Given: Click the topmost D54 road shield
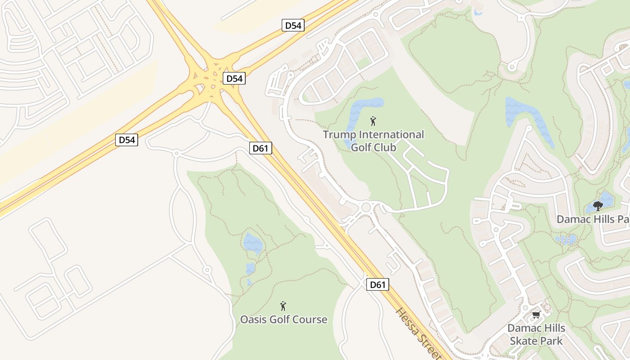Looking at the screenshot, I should click(x=293, y=25).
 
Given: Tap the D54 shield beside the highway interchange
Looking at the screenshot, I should click(x=234, y=78).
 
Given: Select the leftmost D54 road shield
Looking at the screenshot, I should click(x=126, y=140).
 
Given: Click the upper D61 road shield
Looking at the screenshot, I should click(x=261, y=148).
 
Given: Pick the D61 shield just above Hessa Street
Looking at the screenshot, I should click(x=377, y=284).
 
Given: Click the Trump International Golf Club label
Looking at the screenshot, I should click(x=373, y=140).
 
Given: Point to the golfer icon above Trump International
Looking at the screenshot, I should click(x=373, y=121).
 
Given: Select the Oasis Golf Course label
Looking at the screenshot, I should click(x=283, y=319).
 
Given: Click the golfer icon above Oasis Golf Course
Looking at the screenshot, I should click(x=283, y=306).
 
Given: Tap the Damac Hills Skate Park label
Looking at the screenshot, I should click(x=536, y=334).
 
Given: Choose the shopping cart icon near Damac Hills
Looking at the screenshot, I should click(x=536, y=315).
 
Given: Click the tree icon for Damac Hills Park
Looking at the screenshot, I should click(x=598, y=206).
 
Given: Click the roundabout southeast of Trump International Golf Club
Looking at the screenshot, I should click(x=365, y=207).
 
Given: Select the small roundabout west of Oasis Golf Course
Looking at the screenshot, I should click(x=207, y=270).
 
